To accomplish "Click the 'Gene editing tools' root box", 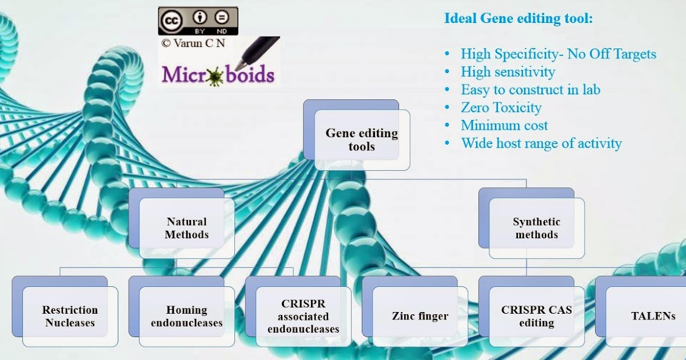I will pos(361,140).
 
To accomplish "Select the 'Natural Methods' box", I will pos(186,228).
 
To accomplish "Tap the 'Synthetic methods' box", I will pos(536,228).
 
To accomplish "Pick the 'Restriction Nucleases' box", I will pos(70,317).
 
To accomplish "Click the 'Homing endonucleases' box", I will pos(186,317).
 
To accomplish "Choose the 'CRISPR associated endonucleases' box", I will pos(303,317).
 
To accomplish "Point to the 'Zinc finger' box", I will pos(420,316).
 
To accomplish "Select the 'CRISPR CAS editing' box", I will pos(536,317).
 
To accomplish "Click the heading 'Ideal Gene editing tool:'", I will pos(519,18).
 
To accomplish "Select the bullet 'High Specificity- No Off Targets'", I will pos(558,54).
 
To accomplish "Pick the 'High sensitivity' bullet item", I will pos(508,72).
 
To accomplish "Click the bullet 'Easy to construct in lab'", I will pos(530,90).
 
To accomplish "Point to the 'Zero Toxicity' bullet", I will pos(501,107).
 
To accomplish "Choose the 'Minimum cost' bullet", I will pos(504,125).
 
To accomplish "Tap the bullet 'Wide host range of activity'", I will pos(541,143).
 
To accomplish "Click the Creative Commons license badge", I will pos(198,21).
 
